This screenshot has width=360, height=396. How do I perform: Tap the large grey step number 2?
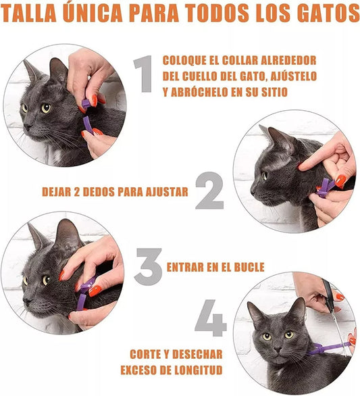coord(209,191)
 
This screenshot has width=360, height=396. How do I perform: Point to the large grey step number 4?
coord(211,318)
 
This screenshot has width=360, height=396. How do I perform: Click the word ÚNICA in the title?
coord(92,13)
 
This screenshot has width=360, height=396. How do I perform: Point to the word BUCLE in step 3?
coord(249,267)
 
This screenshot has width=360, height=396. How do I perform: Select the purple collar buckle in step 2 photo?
coord(325,189)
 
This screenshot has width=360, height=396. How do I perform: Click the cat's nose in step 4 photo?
coord(278,349)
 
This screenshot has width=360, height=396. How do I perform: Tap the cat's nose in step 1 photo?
coord(27,126)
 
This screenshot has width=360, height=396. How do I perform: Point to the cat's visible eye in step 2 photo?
coord(265,175)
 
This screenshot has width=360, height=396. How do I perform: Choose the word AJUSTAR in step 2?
coord(167,192)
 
